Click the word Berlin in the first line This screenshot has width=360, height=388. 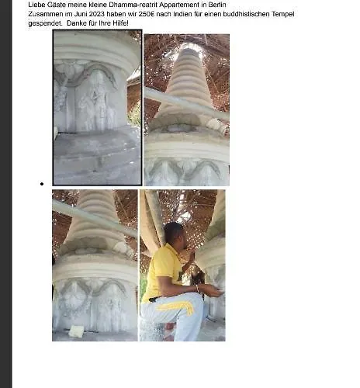pyautogui.click(x=217, y=5)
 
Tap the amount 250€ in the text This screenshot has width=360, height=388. pyautogui.click(x=146, y=14)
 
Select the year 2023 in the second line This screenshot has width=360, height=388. pyautogui.click(x=97, y=14)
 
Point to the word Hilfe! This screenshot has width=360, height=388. pyautogui.click(x=120, y=23)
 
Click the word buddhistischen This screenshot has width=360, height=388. pyautogui.click(x=246, y=14)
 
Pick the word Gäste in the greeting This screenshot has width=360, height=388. pyautogui.click(x=57, y=5)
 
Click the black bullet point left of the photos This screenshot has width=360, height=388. pyautogui.click(x=42, y=184)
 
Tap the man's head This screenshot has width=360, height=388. pyautogui.click(x=174, y=234)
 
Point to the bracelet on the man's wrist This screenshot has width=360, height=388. pyautogui.click(x=198, y=288)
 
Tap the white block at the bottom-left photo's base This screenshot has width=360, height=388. pyautogui.click(x=76, y=331)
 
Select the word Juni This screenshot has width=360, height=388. pyautogui.click(x=79, y=14)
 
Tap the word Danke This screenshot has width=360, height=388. pyautogui.click(x=76, y=23)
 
